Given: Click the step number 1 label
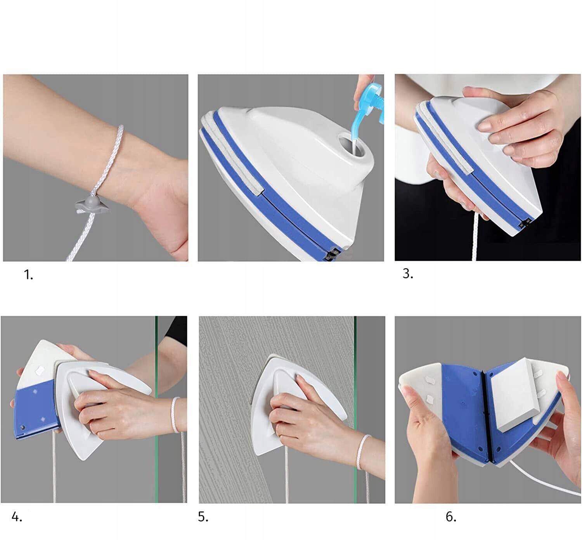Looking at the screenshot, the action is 28,275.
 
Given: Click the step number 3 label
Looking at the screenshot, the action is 408,273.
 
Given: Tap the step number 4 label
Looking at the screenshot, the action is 17,517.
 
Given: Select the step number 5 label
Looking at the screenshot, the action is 203,517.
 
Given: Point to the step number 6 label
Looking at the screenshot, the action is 451,517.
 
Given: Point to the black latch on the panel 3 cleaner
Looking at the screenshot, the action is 525,224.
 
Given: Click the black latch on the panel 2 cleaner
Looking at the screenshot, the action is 332,255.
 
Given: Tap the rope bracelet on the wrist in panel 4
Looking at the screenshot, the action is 175,415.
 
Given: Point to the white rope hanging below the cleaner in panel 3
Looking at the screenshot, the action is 475,237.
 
